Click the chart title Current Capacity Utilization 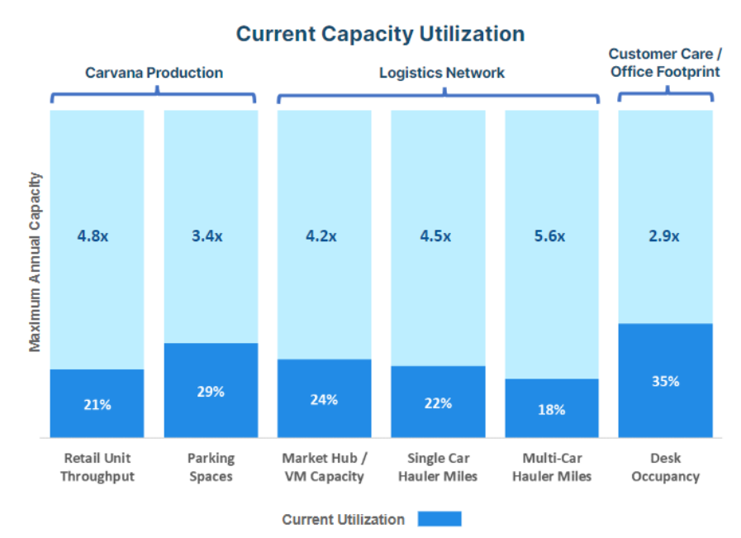380,34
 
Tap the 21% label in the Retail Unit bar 97,405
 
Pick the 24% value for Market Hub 324,400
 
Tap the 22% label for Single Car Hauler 438,403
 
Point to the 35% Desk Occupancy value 665,381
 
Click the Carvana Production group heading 154,73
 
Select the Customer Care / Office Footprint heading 665,63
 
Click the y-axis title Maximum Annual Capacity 35,262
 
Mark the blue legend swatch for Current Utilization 439,519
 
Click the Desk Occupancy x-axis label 665,468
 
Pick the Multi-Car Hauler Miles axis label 551,468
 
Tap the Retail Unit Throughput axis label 97,468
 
